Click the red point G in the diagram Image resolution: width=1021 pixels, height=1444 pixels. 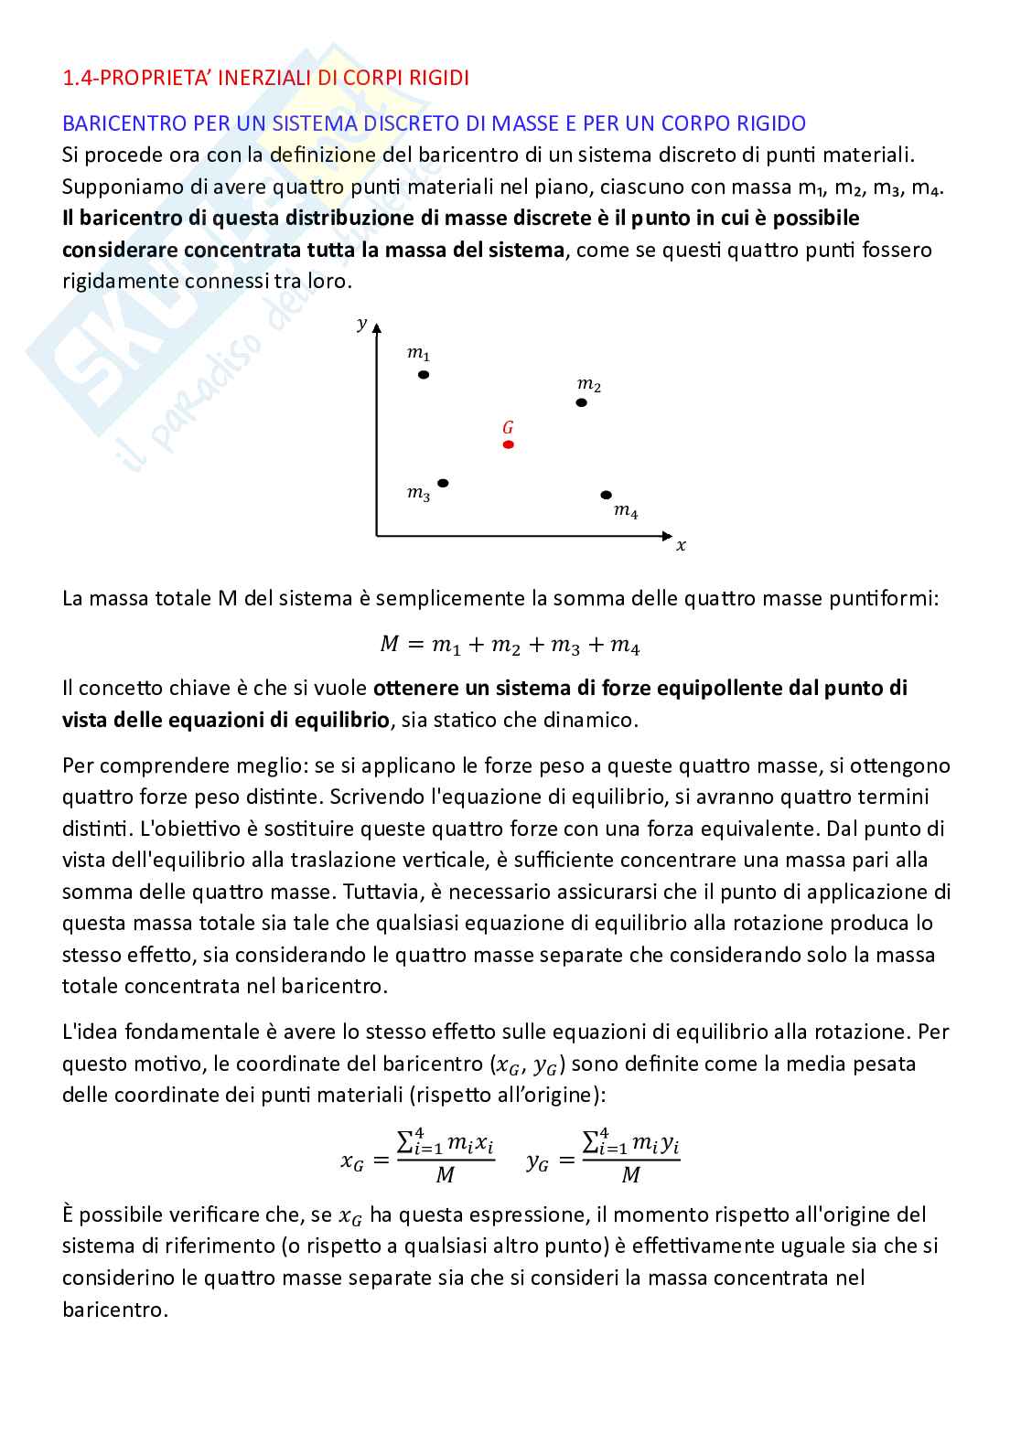509,444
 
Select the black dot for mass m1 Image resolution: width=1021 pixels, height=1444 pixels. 423,374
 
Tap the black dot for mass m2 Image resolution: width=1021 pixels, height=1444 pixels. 581,402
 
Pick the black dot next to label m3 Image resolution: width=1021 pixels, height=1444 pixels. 444,483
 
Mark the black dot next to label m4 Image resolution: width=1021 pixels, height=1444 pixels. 606,495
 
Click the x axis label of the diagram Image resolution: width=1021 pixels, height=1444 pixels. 681,546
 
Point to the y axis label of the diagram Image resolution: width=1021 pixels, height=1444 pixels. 362,323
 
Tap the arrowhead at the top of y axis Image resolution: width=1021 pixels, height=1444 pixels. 376,327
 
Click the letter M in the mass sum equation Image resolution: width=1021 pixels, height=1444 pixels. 390,645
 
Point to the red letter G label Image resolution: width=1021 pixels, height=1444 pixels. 508,427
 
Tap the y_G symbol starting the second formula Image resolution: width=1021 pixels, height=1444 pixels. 537,1161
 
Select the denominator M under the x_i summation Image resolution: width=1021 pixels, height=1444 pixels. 445,1176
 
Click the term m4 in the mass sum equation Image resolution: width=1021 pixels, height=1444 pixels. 625,647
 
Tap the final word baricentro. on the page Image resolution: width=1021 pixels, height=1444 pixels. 115,1310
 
